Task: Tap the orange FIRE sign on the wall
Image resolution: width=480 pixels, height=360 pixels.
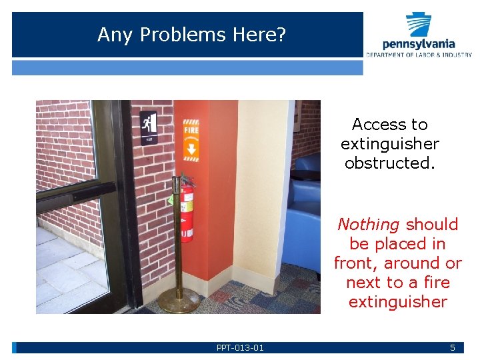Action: pyautogui.click(x=191, y=140)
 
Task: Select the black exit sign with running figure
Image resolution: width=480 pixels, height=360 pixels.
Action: pyautogui.click(x=149, y=127)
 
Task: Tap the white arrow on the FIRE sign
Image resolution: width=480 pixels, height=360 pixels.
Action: pyautogui.click(x=191, y=148)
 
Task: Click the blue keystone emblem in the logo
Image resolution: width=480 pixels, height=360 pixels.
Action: pyautogui.click(x=419, y=24)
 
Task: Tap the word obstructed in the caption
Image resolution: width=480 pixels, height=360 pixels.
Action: pyautogui.click(x=390, y=163)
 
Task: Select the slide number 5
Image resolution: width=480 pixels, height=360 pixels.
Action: pyautogui.click(x=453, y=347)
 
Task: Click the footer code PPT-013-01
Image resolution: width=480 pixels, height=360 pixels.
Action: pyautogui.click(x=240, y=347)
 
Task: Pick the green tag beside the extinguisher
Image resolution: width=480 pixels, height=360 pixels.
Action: pyautogui.click(x=172, y=198)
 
